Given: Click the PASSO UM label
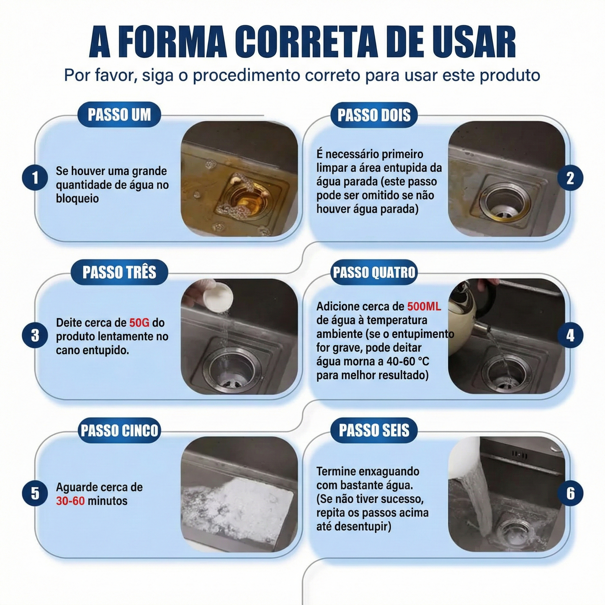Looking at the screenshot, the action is (x=119, y=115).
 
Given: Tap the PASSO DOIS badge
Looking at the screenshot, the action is (x=374, y=115).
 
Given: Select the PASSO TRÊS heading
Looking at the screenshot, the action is (x=119, y=272).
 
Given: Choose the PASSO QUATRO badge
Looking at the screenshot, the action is (x=374, y=272).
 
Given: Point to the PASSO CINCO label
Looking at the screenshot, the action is (x=119, y=430).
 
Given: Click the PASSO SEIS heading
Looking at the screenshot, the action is (x=374, y=430).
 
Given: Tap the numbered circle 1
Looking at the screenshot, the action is (x=35, y=178).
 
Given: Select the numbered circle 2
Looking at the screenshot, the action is (x=570, y=178).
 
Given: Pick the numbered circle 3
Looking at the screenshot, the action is (x=35, y=335).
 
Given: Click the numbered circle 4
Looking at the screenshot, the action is (x=570, y=335).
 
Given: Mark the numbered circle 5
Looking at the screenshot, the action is (x=35, y=493).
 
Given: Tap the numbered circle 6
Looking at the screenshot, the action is (x=570, y=493).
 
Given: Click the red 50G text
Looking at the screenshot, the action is (x=139, y=322).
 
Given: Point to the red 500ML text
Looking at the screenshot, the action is (x=424, y=306).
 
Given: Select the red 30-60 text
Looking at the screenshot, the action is (x=70, y=501).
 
